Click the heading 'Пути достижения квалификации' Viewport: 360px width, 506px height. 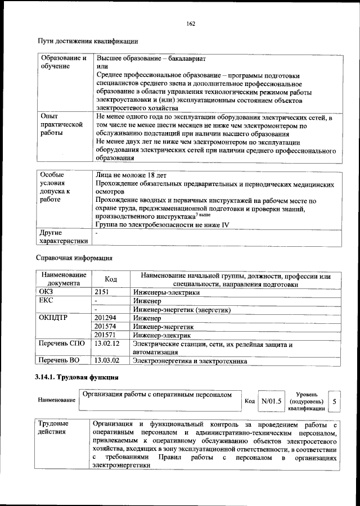click(x=88, y=41)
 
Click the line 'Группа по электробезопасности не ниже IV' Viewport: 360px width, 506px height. click(x=163, y=225)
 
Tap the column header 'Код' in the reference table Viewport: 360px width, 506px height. click(x=111, y=279)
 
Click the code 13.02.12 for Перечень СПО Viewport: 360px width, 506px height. click(x=107, y=344)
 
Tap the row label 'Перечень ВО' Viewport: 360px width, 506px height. click(x=59, y=360)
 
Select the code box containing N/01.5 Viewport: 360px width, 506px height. click(x=271, y=401)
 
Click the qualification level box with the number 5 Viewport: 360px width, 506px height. click(x=335, y=401)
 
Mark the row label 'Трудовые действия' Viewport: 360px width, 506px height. click(x=53, y=427)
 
